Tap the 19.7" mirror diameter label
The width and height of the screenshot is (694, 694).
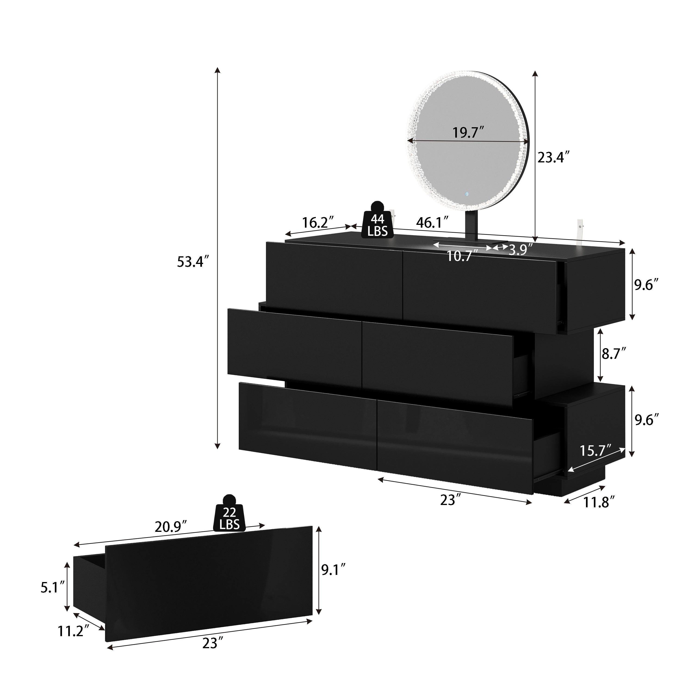pos(469,133)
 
